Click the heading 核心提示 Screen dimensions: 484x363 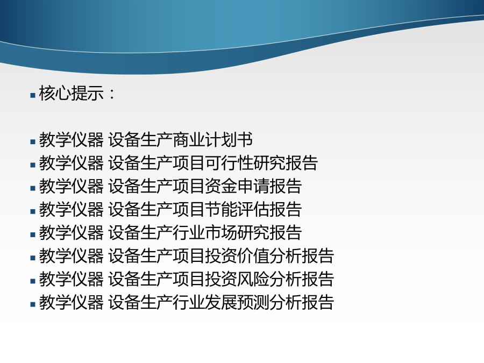tap(72, 93)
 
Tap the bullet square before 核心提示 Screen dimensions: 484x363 tap(33, 95)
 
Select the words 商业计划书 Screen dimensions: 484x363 tap(212, 139)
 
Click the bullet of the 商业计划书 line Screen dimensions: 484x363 tap(33, 142)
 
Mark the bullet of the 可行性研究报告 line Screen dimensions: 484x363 tap(33, 165)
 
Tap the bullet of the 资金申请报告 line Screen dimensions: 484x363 tap(33, 188)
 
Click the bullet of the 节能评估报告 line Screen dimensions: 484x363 tap(33, 211)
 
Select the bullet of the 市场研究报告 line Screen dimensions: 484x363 tap(33, 234)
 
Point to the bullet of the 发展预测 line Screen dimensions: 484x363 tap(33, 304)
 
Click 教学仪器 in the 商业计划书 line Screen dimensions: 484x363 tap(72, 139)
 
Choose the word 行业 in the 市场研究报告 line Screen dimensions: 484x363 tap(189, 232)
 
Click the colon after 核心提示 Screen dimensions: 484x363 tap(112, 94)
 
